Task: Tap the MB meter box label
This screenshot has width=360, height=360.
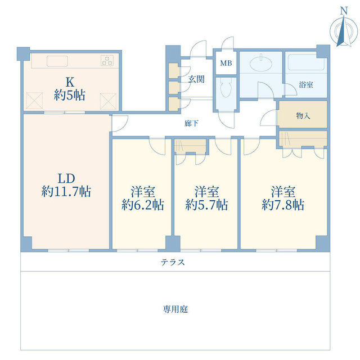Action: (226, 63)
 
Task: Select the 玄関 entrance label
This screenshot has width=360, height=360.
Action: (196, 79)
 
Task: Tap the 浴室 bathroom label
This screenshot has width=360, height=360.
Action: (306, 85)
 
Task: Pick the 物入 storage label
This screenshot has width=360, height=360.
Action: (303, 115)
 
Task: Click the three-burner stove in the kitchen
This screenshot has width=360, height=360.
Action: (107, 61)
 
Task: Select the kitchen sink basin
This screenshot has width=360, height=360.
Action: (57, 61)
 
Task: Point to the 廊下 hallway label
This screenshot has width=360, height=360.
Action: (191, 123)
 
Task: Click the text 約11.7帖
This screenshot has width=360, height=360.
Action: (66, 191)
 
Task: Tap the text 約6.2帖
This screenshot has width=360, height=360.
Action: (142, 205)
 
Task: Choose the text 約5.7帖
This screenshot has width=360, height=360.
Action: (206, 205)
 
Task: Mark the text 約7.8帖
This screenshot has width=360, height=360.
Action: (283, 205)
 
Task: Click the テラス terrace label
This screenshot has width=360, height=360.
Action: (173, 262)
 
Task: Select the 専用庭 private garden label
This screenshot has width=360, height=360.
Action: (175, 309)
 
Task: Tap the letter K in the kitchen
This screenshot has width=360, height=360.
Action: (70, 82)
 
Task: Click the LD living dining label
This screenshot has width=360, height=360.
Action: (66, 178)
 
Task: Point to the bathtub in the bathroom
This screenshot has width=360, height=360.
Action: (306, 62)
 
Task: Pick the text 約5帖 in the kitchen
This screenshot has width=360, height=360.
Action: (70, 95)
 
